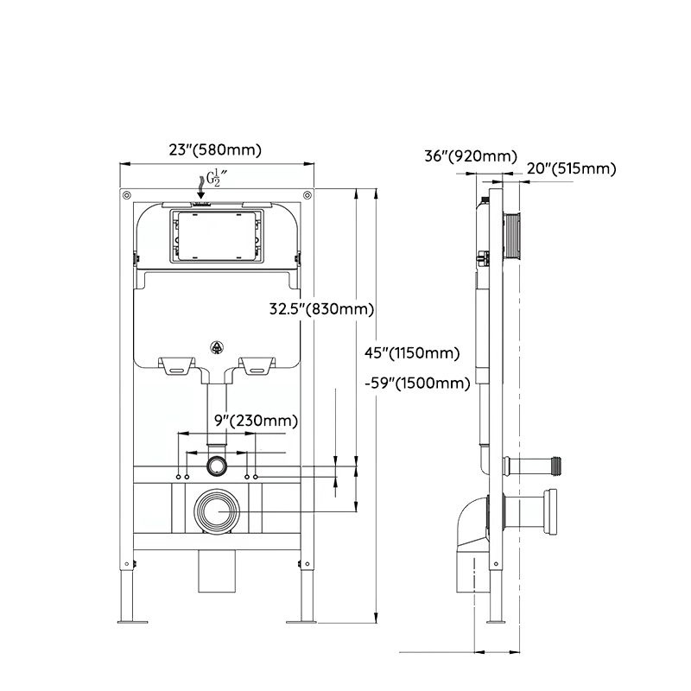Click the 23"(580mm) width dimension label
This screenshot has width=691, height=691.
coord(215,149)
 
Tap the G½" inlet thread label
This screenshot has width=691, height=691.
coord(211,180)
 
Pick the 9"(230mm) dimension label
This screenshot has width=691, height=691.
coord(256,421)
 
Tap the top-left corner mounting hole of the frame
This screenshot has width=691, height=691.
coord(127,193)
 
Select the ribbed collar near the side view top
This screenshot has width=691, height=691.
coord(513,236)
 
